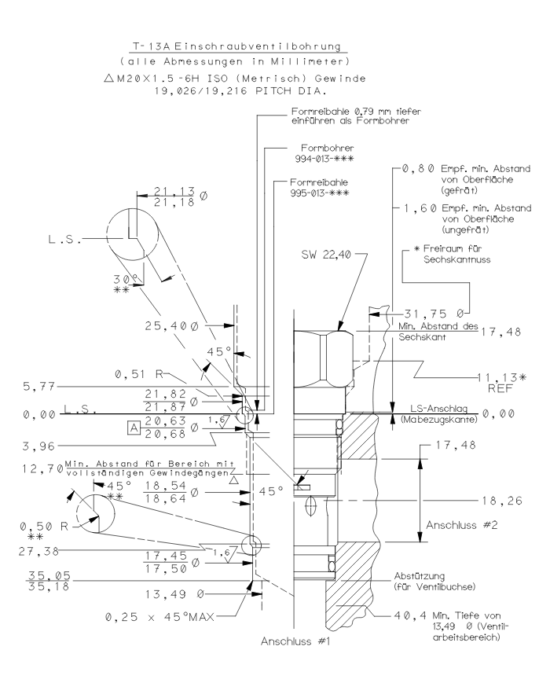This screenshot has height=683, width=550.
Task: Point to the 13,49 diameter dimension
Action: pyautogui.click(x=181, y=593)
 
